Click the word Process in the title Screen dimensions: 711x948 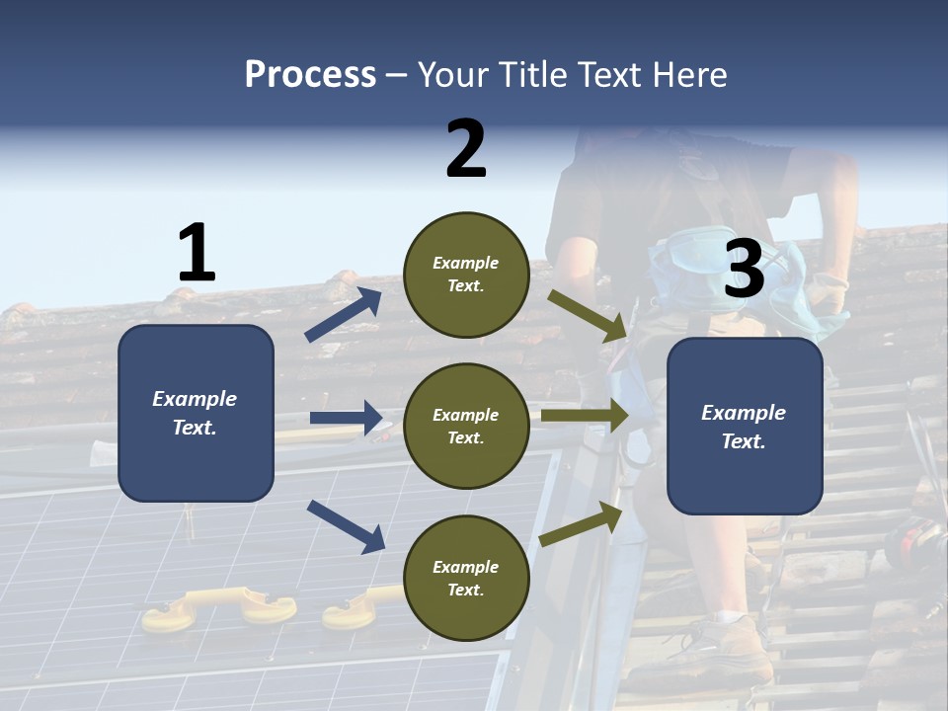310,74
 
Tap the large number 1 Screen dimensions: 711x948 197,253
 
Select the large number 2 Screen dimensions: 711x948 466,148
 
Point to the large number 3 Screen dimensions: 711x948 745,269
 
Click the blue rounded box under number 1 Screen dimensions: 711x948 196,413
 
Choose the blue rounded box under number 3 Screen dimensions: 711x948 745,426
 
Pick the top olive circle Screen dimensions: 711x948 466,274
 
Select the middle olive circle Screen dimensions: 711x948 466,426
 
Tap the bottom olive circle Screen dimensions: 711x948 466,578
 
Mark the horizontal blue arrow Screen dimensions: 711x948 347,418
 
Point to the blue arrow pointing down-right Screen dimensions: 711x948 347,525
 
